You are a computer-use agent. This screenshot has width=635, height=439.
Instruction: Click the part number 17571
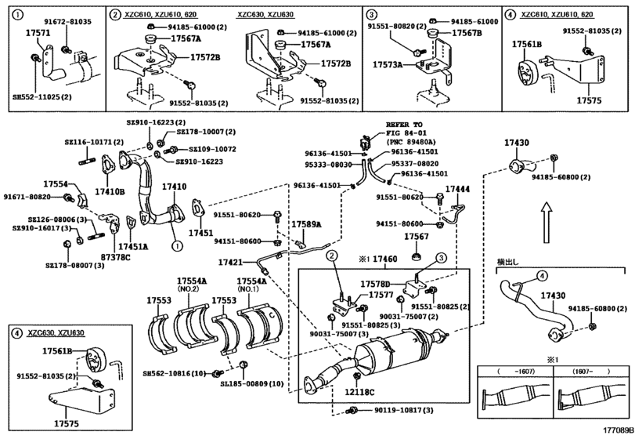(x=38, y=34)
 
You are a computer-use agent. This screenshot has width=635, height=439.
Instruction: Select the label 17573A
(x=388, y=65)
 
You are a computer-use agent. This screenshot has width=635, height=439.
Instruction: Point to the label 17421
(x=230, y=262)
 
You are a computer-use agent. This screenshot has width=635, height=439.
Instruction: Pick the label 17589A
(x=306, y=224)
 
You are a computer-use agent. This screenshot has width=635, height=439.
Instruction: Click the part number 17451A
(x=133, y=246)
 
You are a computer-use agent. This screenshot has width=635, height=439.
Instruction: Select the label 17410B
(x=110, y=191)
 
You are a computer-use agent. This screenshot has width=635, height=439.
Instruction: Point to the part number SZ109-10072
(x=206, y=148)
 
